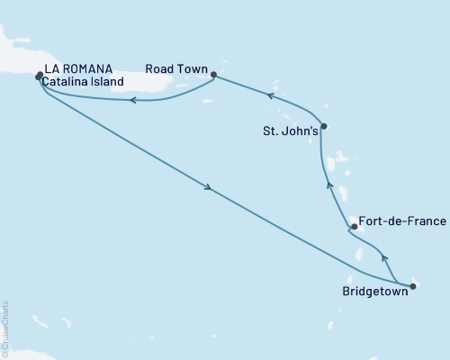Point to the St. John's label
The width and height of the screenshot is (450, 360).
287,130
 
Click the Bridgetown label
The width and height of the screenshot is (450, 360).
374,292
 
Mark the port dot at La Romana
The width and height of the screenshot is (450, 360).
39,76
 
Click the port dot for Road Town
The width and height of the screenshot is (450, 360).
214,76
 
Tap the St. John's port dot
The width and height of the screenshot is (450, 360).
323,126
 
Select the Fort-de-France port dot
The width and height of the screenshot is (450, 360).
354,227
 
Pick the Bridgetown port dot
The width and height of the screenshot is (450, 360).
412,287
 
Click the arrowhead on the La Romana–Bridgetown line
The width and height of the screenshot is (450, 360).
209,188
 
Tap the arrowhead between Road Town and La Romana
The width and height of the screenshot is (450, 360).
131,100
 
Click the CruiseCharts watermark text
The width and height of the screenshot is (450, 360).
5,328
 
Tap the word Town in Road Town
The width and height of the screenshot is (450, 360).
193,69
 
